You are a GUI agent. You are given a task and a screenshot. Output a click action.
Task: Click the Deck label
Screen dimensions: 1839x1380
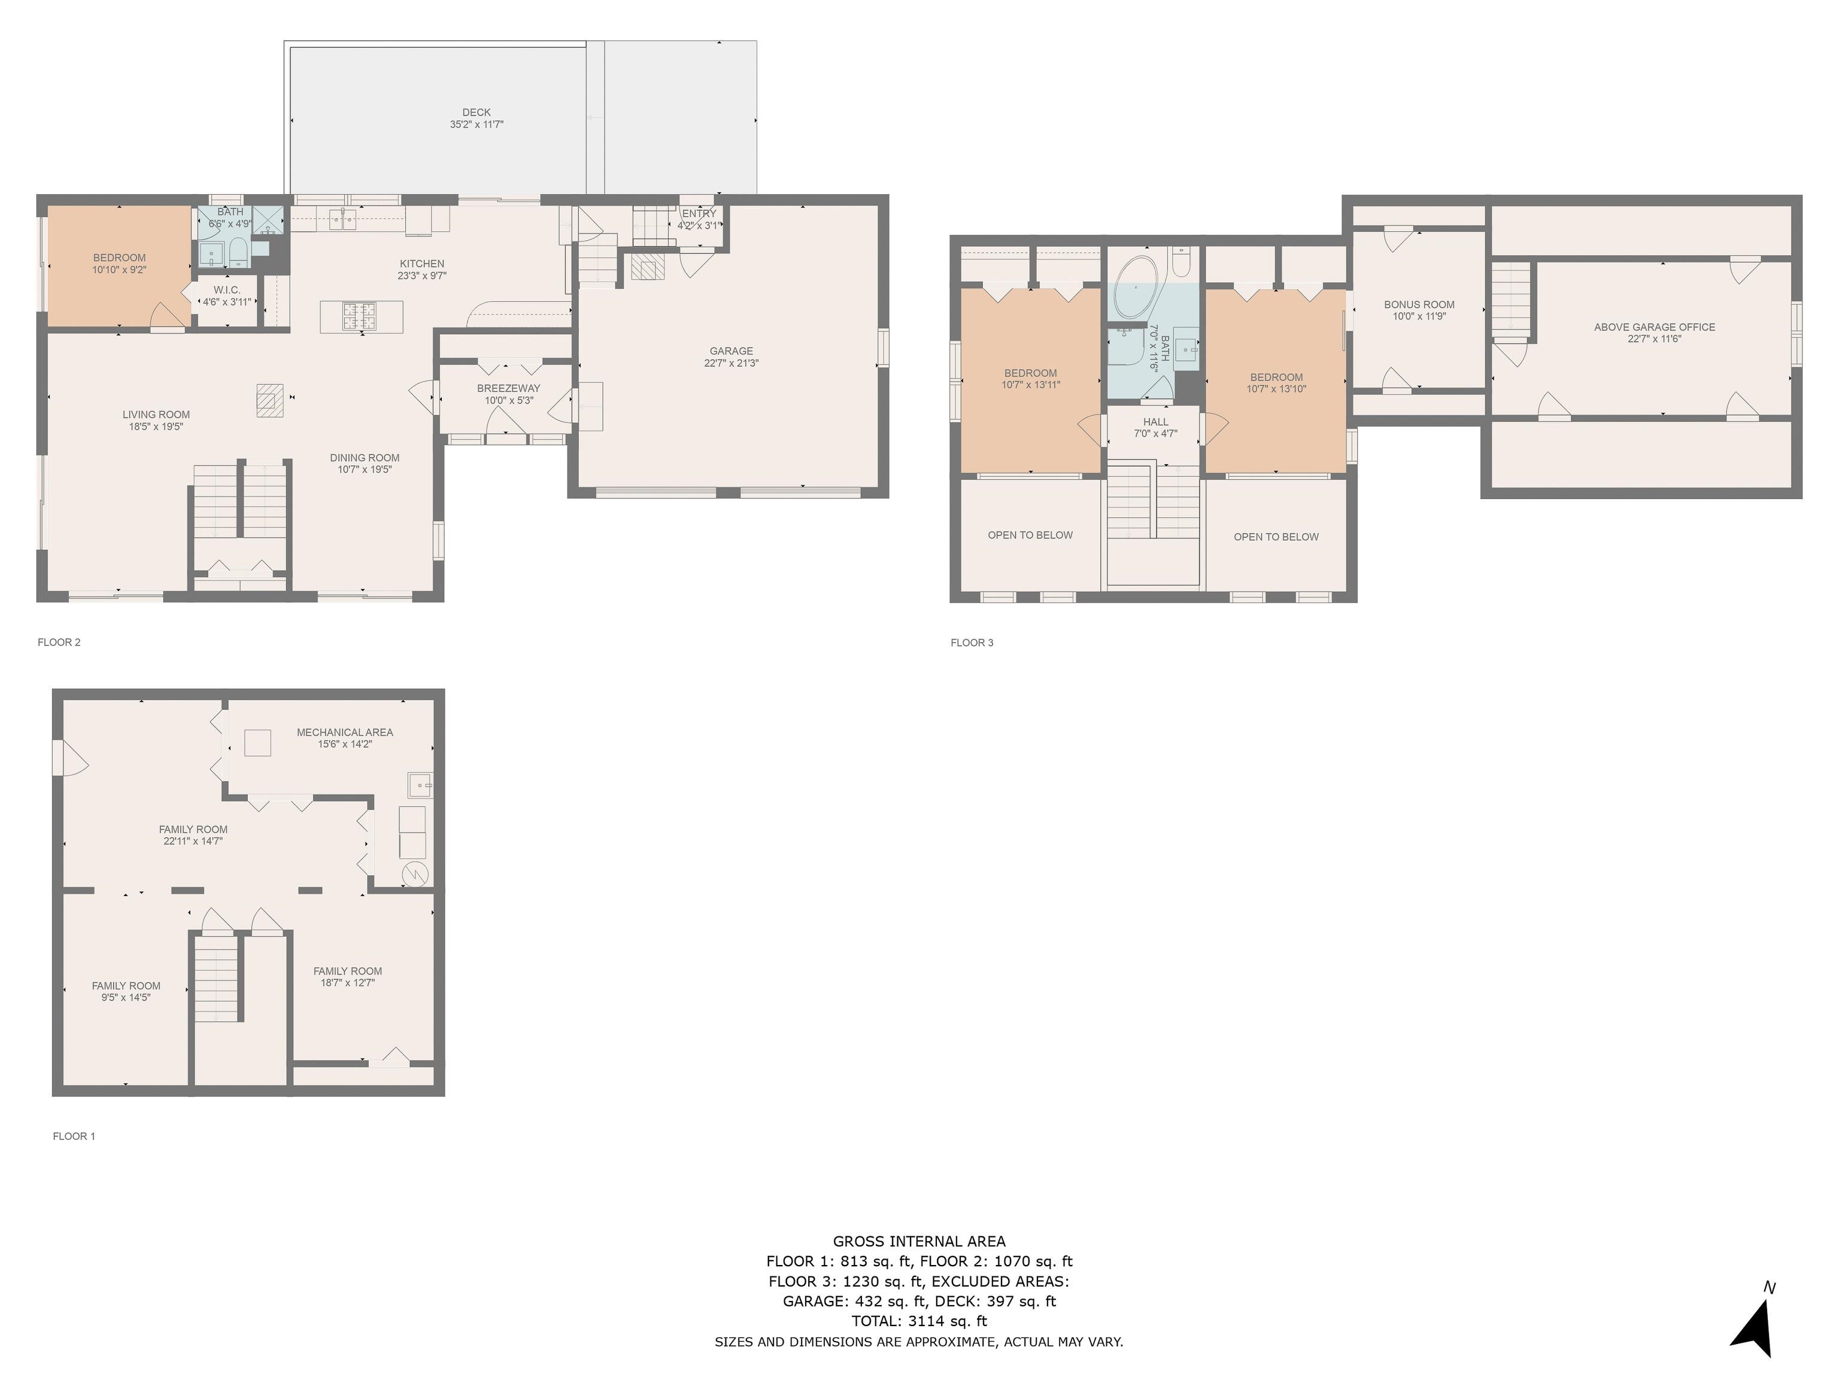[x=477, y=112]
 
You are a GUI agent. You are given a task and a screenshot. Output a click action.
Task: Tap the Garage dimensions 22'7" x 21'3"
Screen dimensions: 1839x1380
[x=732, y=364]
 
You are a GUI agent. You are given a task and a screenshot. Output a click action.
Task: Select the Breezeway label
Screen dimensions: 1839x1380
[x=509, y=389]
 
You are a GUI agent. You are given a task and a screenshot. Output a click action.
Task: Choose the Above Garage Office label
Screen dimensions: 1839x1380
[x=1655, y=327]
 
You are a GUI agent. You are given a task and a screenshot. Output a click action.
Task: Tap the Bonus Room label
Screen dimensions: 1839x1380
[x=1419, y=304]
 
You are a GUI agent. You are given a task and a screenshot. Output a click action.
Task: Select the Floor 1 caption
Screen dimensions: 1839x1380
[x=74, y=1136]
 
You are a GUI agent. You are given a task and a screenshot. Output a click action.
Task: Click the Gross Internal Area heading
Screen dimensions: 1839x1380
[x=919, y=1242]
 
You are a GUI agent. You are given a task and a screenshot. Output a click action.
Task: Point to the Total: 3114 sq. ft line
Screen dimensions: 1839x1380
[x=919, y=1321]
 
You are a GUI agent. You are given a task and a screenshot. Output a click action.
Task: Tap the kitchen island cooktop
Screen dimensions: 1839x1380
[x=360, y=316]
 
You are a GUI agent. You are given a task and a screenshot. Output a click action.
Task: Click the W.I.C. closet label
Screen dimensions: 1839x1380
[x=227, y=290]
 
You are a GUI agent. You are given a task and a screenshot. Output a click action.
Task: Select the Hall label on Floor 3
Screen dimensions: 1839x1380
[x=1155, y=422]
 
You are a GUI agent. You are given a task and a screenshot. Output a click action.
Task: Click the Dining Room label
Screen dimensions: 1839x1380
[x=365, y=458]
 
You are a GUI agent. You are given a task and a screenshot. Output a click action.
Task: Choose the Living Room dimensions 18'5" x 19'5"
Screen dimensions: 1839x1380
[x=156, y=426]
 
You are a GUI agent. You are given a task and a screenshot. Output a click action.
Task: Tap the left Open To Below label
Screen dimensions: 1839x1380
[x=1030, y=535]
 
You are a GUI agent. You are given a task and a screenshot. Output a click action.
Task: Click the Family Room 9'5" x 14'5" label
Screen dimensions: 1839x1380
[x=126, y=991]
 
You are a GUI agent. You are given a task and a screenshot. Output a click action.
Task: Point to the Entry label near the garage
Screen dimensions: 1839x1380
[x=699, y=214]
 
